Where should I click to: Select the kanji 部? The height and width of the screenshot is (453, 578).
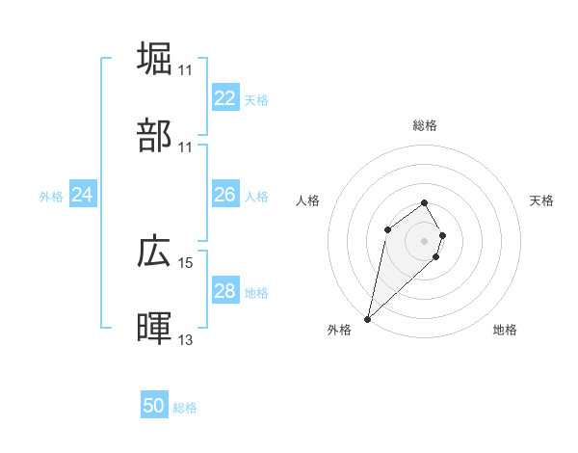coord(155,136)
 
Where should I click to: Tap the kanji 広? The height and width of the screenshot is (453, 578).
coord(155,252)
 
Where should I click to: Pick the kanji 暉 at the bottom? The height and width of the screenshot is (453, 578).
coord(155,329)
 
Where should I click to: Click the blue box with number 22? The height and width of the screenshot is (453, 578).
coord(224,98)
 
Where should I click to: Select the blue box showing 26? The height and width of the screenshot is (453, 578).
coord(224,195)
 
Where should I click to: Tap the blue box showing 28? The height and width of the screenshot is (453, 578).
coord(224,291)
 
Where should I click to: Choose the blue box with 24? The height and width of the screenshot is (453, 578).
coord(82,195)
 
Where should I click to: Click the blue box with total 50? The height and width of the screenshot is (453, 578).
coord(154,406)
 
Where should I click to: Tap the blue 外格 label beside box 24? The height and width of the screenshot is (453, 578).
coord(51,196)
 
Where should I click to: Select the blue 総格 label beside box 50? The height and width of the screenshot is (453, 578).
coord(185,408)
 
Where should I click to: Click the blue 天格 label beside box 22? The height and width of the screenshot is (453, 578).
coord(256,99)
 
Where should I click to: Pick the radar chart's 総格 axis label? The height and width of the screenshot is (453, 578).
coord(425,125)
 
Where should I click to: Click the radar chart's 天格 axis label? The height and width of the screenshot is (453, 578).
coord(542,200)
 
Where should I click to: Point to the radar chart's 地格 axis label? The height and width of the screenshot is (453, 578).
coord(505,330)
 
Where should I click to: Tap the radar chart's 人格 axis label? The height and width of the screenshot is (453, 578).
coord(307,200)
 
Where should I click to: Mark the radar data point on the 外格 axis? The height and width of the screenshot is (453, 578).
coord(368,318)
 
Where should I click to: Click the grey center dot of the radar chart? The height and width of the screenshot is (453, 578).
coord(425,240)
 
